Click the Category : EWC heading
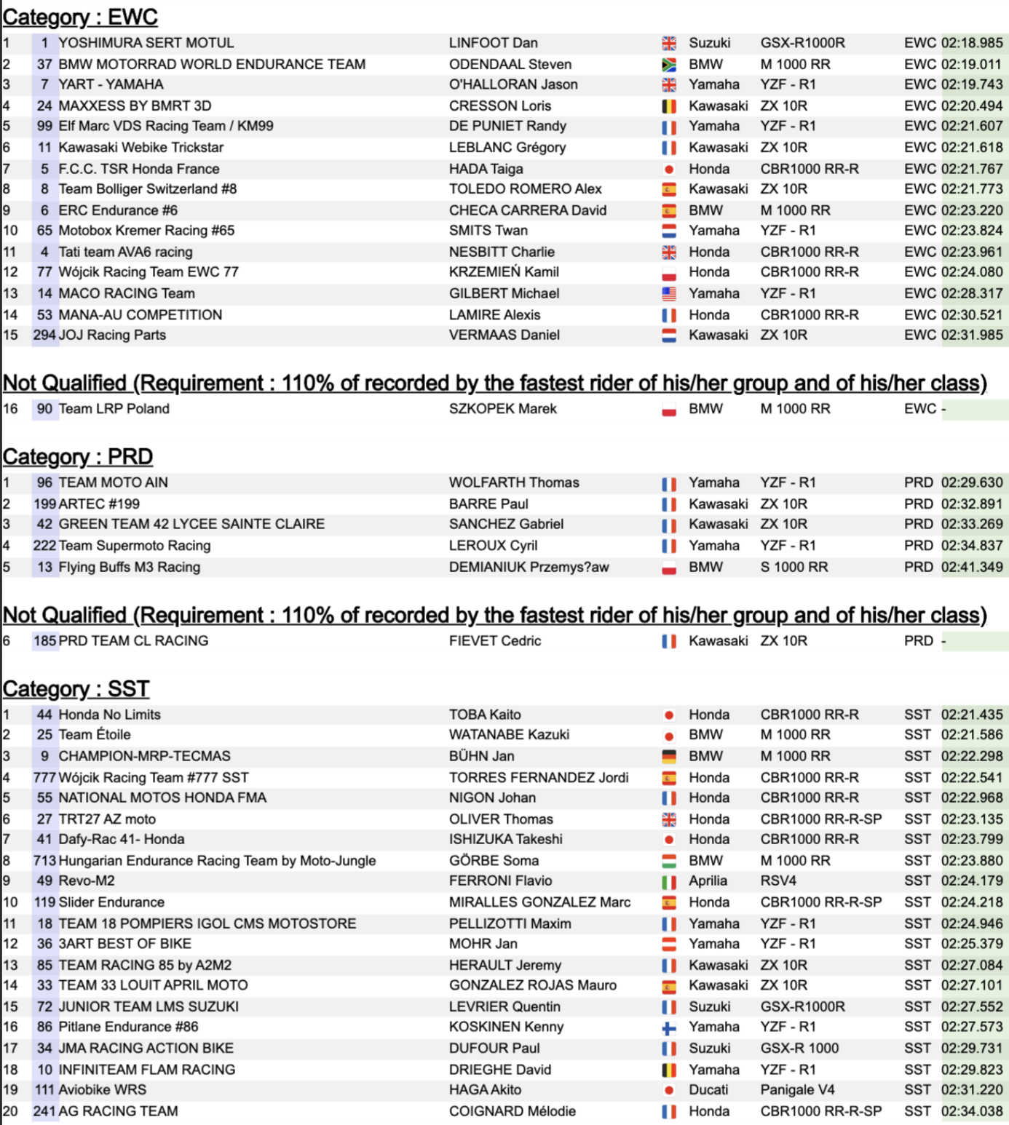(x=80, y=17)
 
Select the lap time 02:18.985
(x=971, y=43)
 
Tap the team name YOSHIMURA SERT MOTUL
(x=146, y=43)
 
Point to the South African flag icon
(x=668, y=65)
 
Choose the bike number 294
(x=44, y=335)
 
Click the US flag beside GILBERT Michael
(x=668, y=294)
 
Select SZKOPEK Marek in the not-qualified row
(x=502, y=409)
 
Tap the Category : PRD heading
(x=78, y=456)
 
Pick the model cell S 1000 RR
(x=794, y=567)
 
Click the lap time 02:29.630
(x=971, y=482)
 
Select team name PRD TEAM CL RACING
(x=133, y=641)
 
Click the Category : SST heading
(x=76, y=688)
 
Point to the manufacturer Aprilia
(x=708, y=880)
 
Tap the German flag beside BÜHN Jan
(x=668, y=757)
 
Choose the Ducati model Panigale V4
(x=797, y=1089)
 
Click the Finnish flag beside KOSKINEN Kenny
(x=668, y=1027)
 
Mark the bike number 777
(x=44, y=777)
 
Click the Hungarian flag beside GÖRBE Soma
(x=668, y=861)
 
